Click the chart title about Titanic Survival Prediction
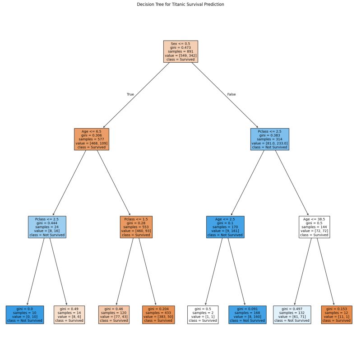click(180, 4)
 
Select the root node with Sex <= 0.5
click(180, 51)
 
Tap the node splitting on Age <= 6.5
click(91, 139)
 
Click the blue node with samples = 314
click(269, 139)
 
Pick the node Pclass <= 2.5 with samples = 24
click(47, 227)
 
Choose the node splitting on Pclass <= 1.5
click(136, 227)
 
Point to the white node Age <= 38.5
click(314, 227)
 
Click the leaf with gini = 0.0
click(25, 315)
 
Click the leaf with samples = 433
click(158, 315)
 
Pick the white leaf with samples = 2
click(203, 315)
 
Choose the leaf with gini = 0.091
click(247, 315)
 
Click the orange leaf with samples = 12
click(336, 315)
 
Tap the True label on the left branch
click(130, 94)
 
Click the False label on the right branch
click(231, 94)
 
